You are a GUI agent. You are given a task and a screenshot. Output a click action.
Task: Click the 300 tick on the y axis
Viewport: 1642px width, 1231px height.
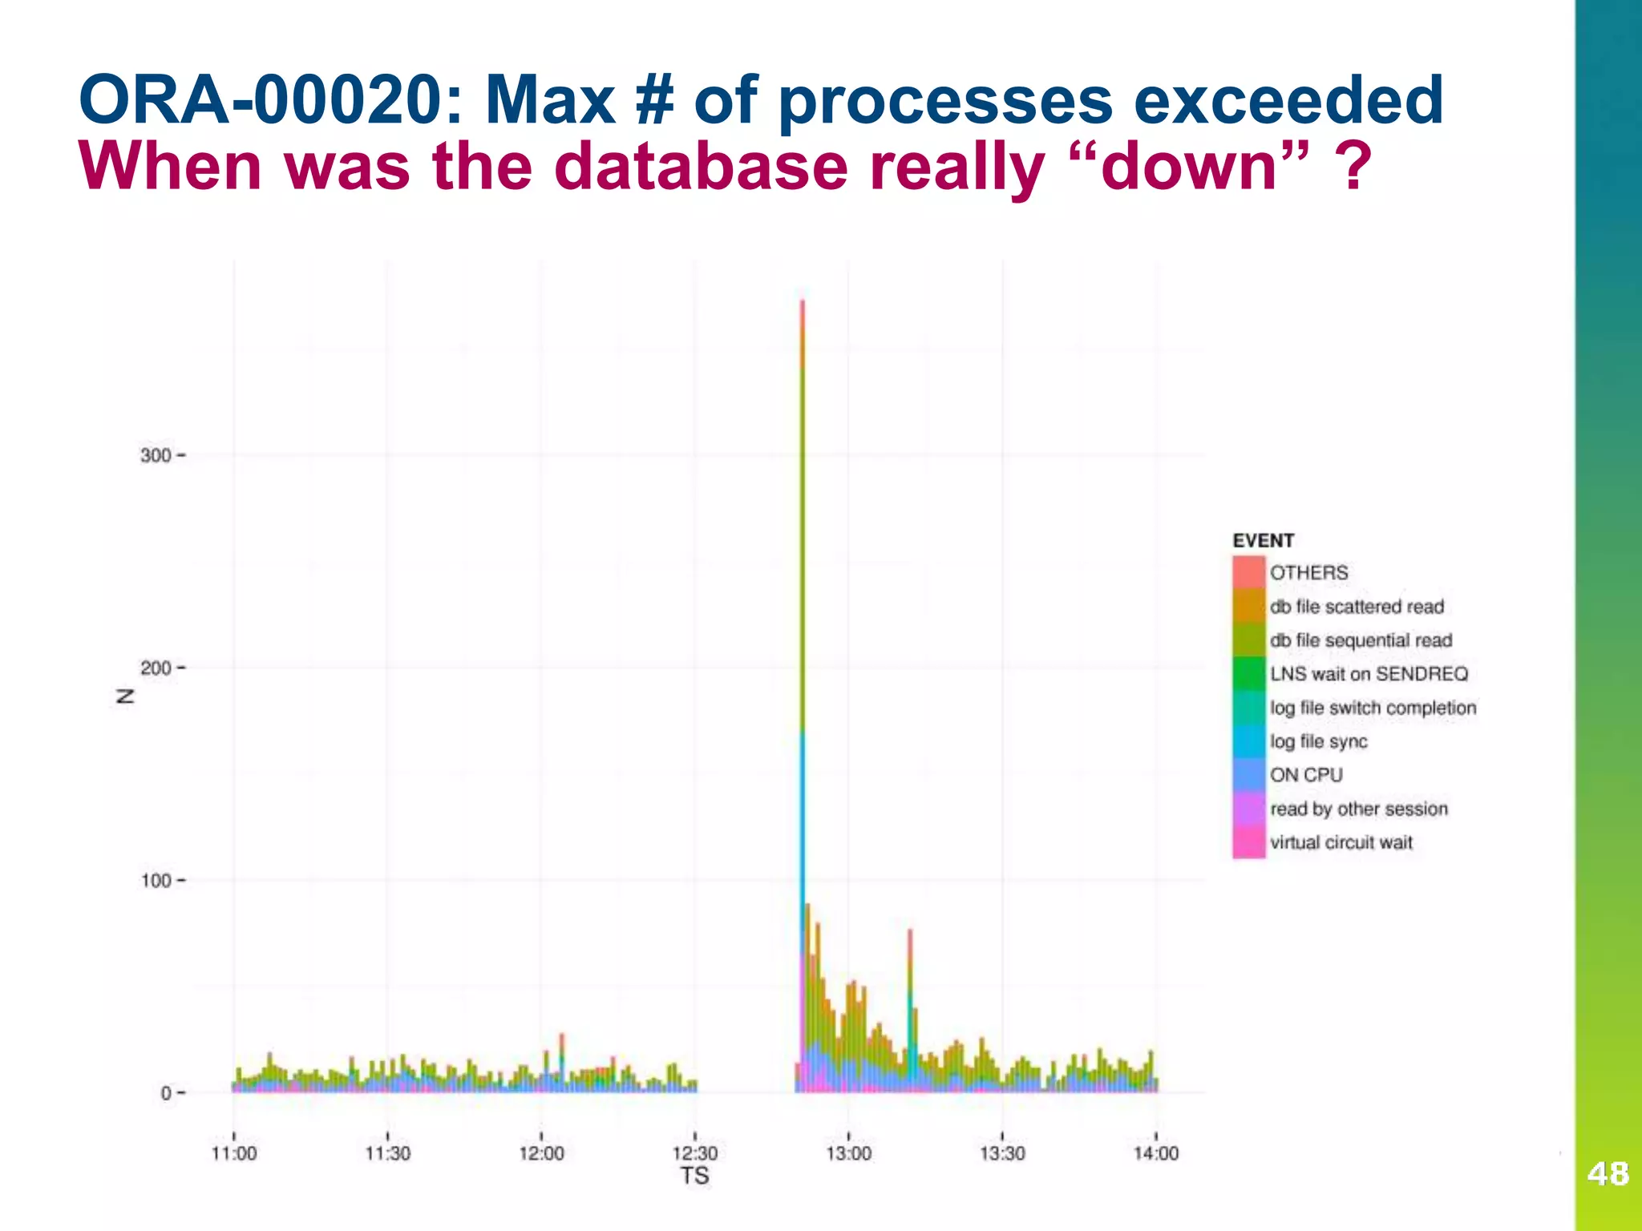tap(157, 455)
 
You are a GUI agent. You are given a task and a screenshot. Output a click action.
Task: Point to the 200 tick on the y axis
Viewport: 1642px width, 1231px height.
tap(157, 668)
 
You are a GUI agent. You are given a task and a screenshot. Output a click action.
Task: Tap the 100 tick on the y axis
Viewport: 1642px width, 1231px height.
tap(157, 880)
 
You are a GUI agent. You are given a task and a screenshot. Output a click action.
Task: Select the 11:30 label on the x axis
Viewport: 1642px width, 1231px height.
tap(387, 1153)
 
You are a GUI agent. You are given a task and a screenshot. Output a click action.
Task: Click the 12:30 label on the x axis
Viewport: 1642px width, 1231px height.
tap(695, 1153)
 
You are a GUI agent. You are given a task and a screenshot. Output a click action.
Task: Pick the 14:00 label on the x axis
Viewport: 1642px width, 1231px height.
tap(1155, 1153)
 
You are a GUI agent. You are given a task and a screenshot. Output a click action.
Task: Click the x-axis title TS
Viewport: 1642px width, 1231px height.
tap(694, 1176)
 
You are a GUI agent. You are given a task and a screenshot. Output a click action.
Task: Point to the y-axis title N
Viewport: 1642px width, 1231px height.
tap(125, 696)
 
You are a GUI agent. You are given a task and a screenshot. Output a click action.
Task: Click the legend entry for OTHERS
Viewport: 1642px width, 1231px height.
tap(1308, 572)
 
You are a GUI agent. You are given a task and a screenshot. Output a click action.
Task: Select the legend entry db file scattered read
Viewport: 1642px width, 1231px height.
tap(1357, 607)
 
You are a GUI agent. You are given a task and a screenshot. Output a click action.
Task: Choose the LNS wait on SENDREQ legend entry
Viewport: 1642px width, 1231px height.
tap(1369, 674)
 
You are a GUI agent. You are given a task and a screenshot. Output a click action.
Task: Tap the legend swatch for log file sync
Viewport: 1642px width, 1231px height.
tap(1248, 741)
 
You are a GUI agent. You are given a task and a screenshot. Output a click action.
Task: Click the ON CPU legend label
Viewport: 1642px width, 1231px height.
tap(1306, 775)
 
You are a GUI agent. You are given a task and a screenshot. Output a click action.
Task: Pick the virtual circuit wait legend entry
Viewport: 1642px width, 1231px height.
tap(1341, 842)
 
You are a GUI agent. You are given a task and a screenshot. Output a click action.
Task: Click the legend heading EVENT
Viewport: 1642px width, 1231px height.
tap(1263, 541)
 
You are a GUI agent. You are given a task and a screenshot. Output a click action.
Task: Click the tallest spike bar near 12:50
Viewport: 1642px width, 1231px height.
tap(803, 561)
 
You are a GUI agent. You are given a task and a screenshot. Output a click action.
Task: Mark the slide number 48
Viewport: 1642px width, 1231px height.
tap(1608, 1174)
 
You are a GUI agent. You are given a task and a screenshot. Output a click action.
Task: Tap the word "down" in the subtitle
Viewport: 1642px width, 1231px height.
tap(1190, 167)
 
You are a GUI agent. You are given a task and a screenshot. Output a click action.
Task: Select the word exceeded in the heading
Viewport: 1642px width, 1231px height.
tap(1289, 100)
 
